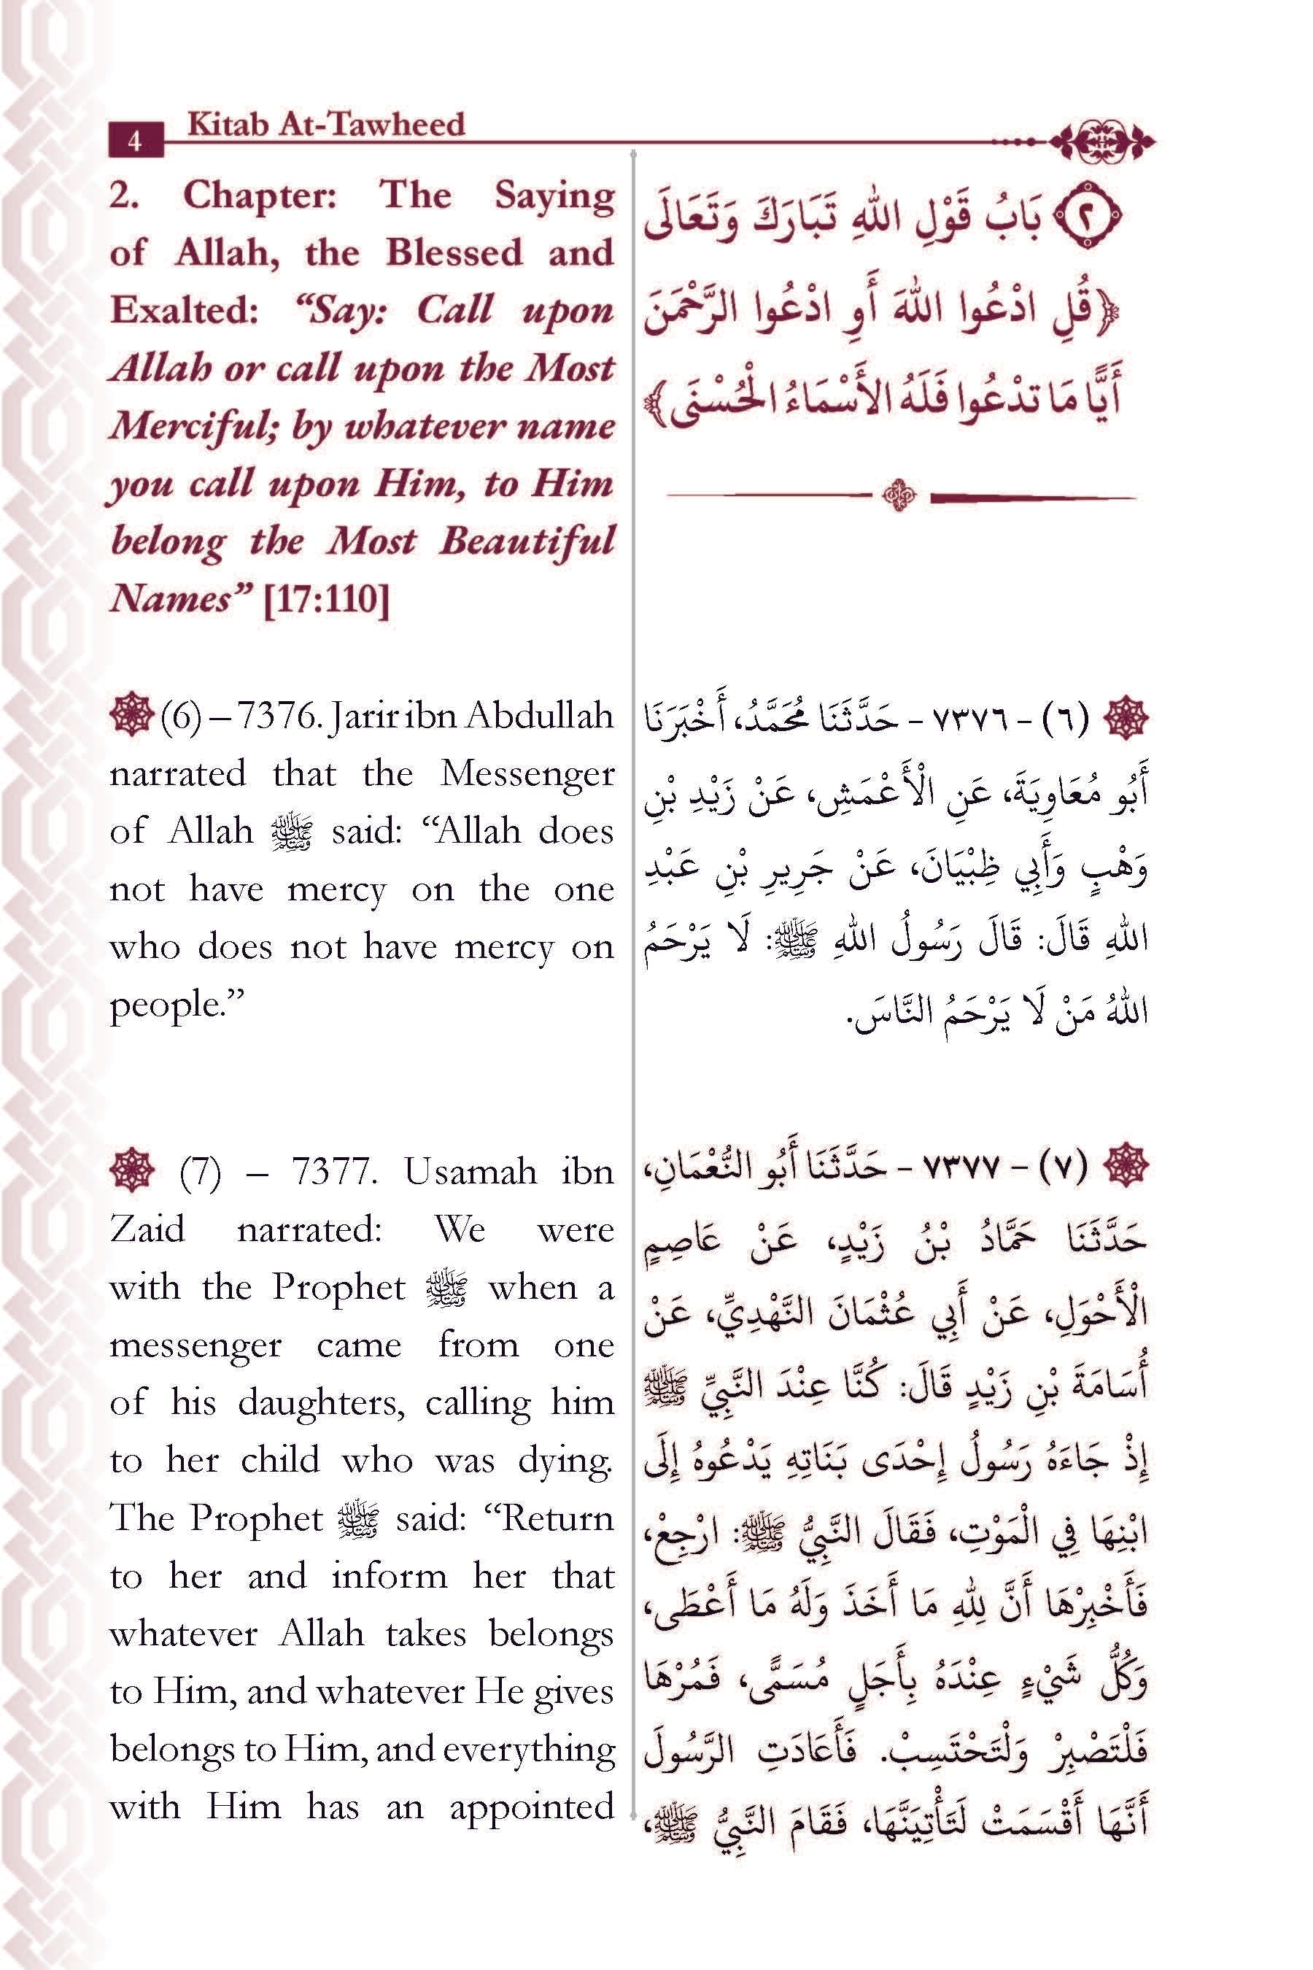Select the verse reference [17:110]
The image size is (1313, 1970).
tap(326, 600)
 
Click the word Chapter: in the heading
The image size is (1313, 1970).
tap(260, 197)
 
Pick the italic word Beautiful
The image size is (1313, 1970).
tap(527, 542)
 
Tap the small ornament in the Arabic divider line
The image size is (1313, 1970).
tap(900, 497)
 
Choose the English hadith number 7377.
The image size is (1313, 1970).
tap(333, 1172)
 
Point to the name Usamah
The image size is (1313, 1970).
tap(470, 1172)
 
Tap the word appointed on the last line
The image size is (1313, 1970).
tap(532, 1807)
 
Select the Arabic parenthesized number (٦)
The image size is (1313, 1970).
tap(1063, 719)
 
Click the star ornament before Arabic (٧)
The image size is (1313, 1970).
tap(1126, 1165)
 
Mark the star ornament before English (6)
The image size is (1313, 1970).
tap(131, 717)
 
